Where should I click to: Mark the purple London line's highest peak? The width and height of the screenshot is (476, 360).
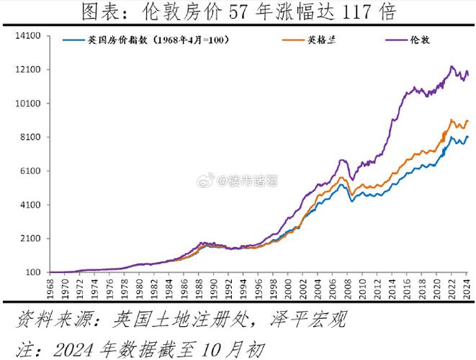(452, 66)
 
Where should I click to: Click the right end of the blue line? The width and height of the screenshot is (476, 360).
(468, 137)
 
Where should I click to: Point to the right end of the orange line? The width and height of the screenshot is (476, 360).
(468, 121)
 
